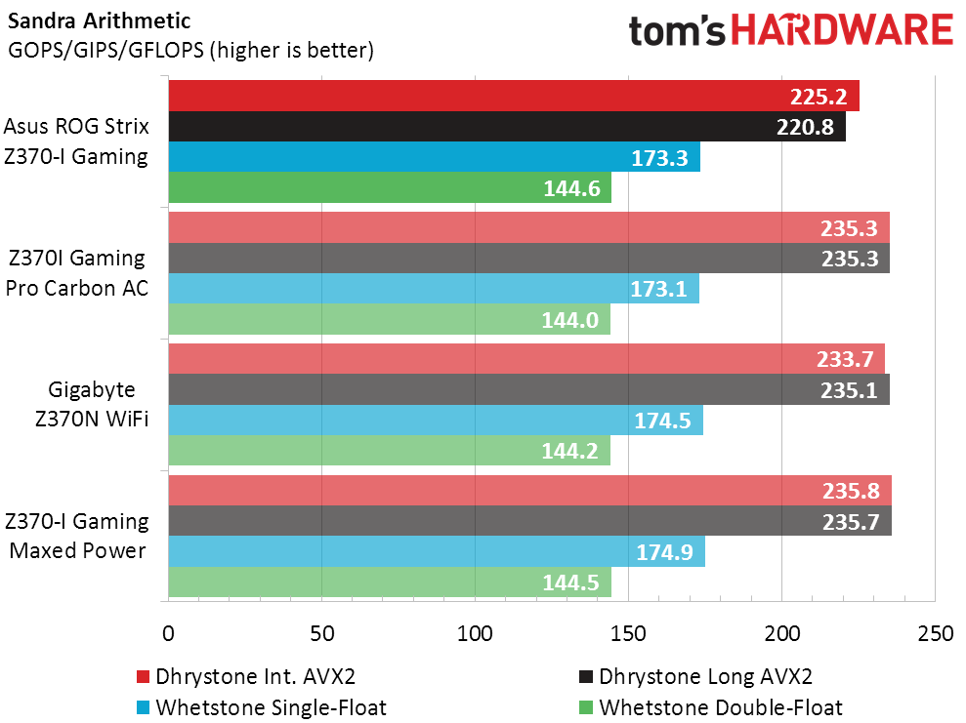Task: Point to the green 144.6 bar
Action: click(390, 187)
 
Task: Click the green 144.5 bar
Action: click(390, 582)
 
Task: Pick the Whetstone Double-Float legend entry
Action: click(720, 707)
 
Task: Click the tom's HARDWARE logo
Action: click(790, 31)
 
